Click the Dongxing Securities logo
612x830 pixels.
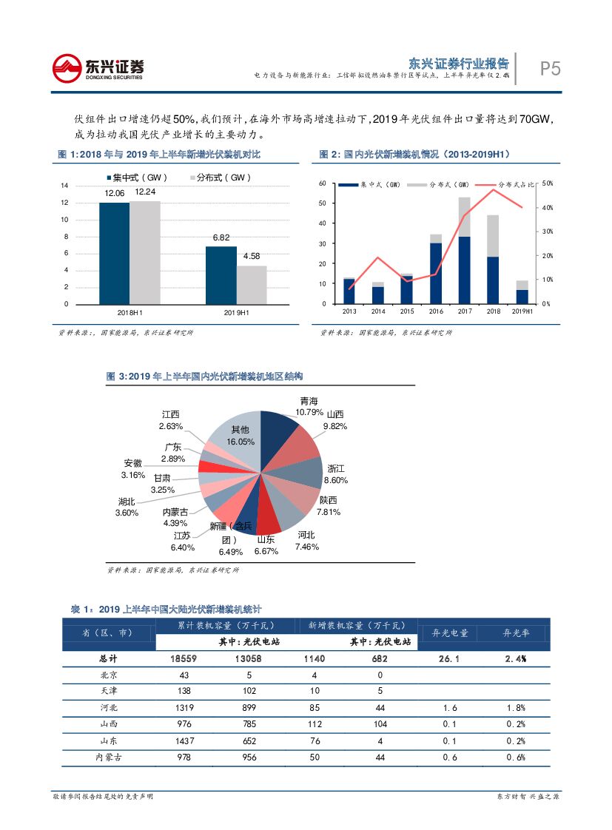point(98,69)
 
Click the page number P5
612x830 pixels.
point(550,69)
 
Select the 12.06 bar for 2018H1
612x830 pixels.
point(114,252)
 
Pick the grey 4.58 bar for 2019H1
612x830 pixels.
point(252,285)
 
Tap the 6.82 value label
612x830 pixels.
point(221,237)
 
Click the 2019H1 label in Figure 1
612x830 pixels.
point(236,313)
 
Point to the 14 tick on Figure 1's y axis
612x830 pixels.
point(64,186)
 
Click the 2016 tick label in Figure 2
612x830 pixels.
point(436,311)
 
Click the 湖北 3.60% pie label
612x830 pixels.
point(127,507)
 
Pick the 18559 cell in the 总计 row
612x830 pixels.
point(184,658)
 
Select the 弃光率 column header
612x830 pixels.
point(516,634)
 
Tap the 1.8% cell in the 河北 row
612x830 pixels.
point(516,708)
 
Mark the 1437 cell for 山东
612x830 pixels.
point(184,740)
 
